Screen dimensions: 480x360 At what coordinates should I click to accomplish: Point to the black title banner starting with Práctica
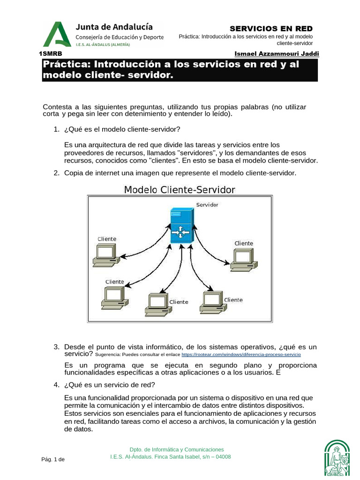click(x=180, y=70)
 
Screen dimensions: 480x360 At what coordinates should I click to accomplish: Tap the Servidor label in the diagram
click(x=207, y=205)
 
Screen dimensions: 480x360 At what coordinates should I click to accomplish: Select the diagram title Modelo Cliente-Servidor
click(x=179, y=189)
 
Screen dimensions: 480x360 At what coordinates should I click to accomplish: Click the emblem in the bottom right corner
click(x=337, y=457)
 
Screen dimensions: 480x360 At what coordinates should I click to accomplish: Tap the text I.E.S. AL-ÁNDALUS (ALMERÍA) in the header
click(x=103, y=45)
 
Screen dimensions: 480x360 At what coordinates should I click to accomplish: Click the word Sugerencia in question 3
click(x=108, y=355)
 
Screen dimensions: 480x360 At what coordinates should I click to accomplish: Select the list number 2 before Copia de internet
click(x=56, y=173)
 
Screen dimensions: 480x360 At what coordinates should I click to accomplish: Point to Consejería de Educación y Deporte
click(x=120, y=37)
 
